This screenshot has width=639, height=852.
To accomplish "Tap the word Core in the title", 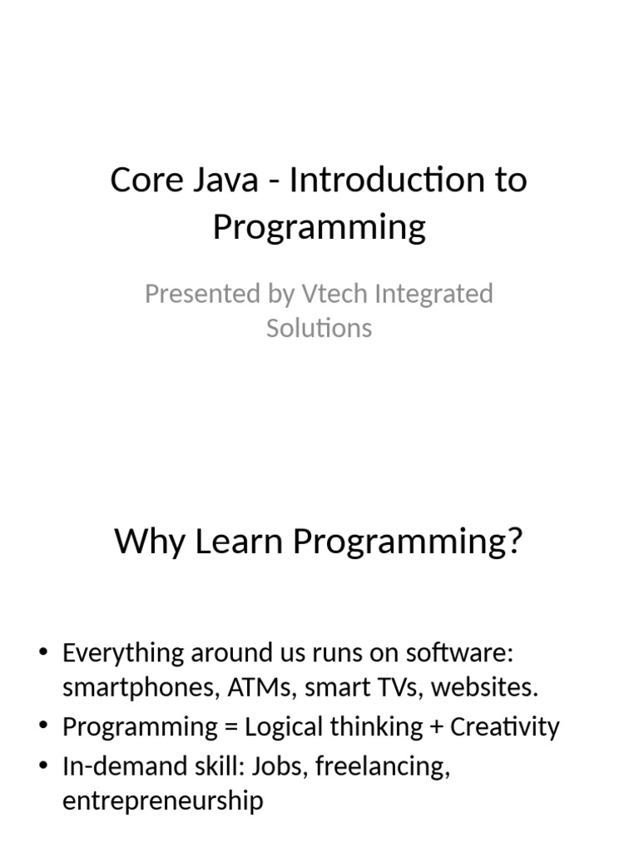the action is click(x=147, y=180).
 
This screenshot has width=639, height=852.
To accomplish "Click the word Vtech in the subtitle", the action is click(x=334, y=294).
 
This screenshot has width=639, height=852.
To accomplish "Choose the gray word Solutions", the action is click(x=319, y=328).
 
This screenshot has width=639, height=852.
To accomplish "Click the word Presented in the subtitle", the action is click(x=203, y=294).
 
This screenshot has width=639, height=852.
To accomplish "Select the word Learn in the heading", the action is click(x=239, y=541).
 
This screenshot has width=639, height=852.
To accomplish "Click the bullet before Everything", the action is click(x=44, y=651).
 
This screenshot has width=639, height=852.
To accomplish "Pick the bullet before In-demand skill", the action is click(x=44, y=765).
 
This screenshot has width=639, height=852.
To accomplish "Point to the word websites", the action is click(x=484, y=686).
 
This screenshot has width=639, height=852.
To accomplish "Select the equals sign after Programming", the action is click(x=231, y=727).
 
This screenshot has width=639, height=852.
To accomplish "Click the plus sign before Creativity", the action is click(x=436, y=727).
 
